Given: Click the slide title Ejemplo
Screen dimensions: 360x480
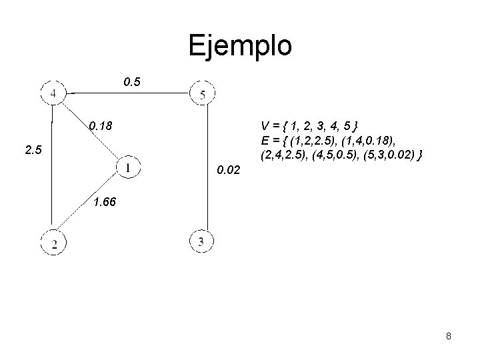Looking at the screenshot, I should click(239, 46).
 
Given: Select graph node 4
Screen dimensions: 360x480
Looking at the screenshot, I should click(53, 92).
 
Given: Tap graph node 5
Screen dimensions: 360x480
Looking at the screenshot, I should click(202, 94).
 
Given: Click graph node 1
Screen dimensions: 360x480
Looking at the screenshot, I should click(127, 167).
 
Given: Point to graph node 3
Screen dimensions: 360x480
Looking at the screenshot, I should click(201, 241).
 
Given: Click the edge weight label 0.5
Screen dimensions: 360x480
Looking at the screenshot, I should click(132, 83).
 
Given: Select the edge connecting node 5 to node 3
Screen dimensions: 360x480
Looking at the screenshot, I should click(207, 167).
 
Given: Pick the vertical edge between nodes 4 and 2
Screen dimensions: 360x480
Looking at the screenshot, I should click(52, 173).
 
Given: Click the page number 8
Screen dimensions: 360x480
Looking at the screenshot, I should click(449, 336).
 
